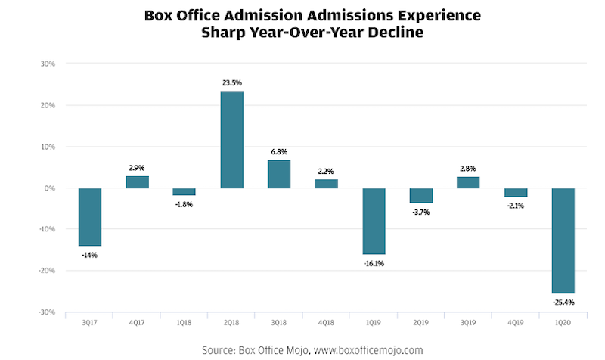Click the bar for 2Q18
point(232,140)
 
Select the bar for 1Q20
point(563,241)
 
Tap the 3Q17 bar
point(90,217)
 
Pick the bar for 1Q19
point(374,221)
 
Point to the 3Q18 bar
point(279,174)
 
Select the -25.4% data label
point(563,303)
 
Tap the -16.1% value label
point(374,263)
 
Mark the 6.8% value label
point(279,152)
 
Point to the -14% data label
point(90,255)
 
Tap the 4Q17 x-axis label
point(137,323)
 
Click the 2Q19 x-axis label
point(421,323)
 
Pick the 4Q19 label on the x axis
point(516,323)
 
